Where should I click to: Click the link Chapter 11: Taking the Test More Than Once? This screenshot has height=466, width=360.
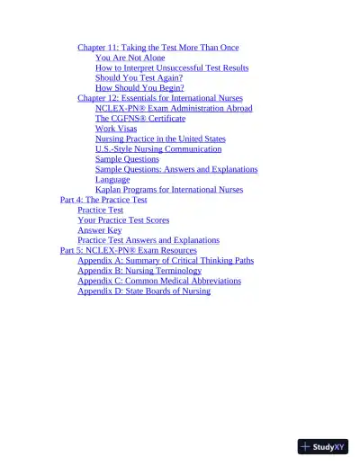[x=157, y=47]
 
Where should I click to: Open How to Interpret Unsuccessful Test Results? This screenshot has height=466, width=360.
[x=172, y=67]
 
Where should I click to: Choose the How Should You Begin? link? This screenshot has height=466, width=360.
[x=139, y=88]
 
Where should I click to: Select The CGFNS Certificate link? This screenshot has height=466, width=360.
[x=140, y=119]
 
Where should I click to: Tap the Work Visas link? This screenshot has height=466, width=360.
[x=116, y=129]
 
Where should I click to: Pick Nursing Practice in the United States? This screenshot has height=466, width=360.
[x=160, y=139]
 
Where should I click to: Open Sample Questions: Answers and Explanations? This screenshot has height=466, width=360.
[x=176, y=169]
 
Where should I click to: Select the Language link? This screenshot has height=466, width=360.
[x=112, y=180]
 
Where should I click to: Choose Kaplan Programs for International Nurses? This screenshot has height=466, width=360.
[x=169, y=190]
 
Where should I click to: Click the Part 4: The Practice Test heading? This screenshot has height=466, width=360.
[x=103, y=200]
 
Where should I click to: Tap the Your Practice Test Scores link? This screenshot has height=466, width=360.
[x=123, y=220]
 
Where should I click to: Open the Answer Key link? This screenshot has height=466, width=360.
[x=100, y=230]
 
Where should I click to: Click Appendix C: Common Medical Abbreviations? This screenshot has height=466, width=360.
[x=159, y=281]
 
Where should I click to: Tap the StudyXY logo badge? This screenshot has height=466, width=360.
[x=323, y=446]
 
